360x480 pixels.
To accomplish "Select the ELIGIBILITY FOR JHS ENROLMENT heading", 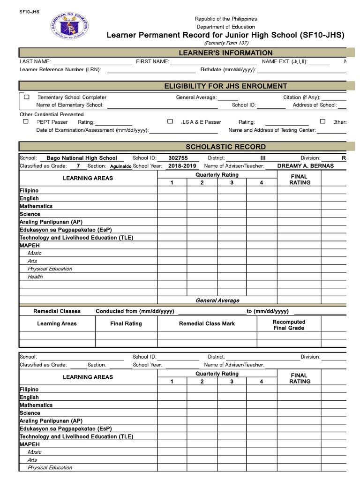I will [225, 86].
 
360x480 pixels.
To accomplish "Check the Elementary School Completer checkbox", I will [27, 97].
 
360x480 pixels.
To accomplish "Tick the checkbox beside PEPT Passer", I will [25, 121].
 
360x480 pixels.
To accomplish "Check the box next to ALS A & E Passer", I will [170, 121].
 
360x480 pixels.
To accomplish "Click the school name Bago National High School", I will [82, 158].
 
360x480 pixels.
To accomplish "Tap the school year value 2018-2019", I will [183, 166].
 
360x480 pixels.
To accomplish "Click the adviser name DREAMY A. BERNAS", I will [306, 166].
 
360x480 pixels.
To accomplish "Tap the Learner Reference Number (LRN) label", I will [60, 70].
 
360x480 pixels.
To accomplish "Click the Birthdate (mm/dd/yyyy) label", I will [228, 70].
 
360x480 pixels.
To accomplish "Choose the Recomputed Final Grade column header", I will [289, 325].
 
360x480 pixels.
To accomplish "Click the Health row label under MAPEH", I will [35, 277].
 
